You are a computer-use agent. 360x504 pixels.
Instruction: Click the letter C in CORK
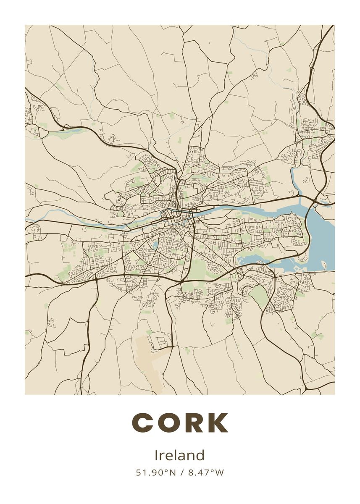click(x=144, y=423)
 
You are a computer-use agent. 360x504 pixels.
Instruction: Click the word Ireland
click(x=180, y=455)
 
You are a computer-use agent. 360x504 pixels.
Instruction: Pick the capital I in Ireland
click(x=157, y=455)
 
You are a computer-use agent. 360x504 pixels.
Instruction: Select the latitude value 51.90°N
click(x=155, y=472)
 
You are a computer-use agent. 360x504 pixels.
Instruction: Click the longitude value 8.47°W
click(x=206, y=472)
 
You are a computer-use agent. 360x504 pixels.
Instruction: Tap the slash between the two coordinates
click(x=182, y=472)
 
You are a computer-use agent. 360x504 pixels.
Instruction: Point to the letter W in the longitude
click(x=220, y=472)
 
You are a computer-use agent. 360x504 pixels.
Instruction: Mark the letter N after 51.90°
click(x=172, y=472)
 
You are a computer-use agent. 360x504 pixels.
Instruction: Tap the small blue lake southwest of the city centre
click(x=155, y=245)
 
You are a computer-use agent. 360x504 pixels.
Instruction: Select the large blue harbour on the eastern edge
click(x=323, y=235)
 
